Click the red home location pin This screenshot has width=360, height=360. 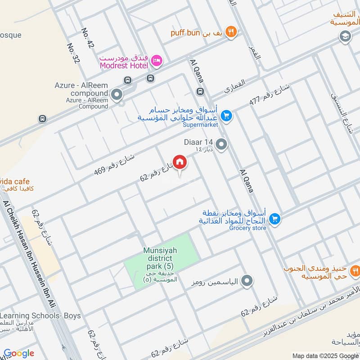[180, 162]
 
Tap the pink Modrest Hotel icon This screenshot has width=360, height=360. [157, 61]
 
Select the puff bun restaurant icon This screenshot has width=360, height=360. [231, 31]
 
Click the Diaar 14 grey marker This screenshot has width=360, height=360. [221, 145]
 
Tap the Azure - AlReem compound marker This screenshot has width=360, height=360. [117, 95]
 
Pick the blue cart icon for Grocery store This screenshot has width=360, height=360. [274, 219]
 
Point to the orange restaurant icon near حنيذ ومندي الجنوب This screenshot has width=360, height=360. [355, 270]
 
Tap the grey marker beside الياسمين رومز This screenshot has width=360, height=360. [247, 282]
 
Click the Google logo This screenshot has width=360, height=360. [18, 353]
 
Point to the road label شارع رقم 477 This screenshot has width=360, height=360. [270, 95]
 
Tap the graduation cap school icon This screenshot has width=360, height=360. [345, 36]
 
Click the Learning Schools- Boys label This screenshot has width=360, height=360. [40, 315]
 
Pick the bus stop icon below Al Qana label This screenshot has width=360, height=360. [200, 92]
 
